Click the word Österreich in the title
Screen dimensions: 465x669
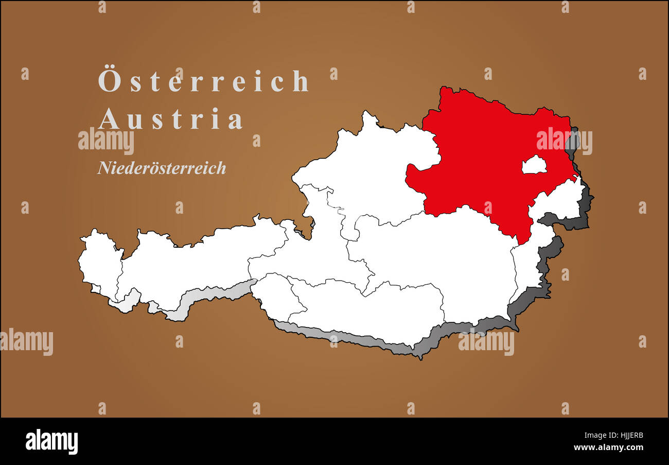(x=204, y=81)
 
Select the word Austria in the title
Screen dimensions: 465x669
(x=170, y=119)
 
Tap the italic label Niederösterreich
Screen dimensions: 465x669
(x=162, y=168)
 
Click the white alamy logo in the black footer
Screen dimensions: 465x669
(x=51, y=442)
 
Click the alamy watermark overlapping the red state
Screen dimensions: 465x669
(x=564, y=140)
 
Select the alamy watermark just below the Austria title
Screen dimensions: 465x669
(x=106, y=140)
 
